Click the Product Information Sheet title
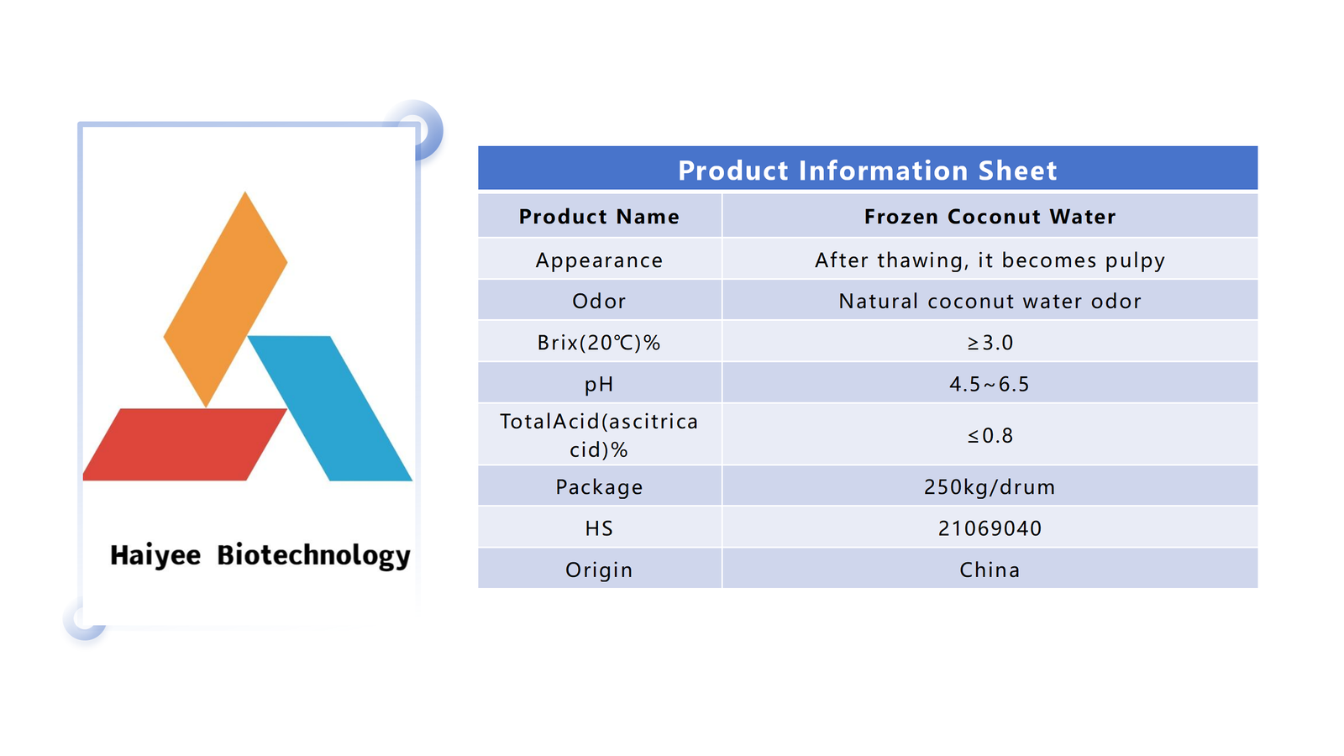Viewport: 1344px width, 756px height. (867, 171)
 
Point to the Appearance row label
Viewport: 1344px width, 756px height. (599, 260)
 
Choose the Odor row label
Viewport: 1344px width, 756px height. (599, 302)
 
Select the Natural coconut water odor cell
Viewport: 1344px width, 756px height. (990, 302)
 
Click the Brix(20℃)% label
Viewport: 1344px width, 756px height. (599, 343)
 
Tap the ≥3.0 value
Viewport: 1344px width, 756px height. (990, 343)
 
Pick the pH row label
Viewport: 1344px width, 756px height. (599, 384)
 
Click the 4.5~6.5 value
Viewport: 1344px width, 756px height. (990, 384)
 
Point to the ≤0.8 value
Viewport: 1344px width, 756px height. (990, 436)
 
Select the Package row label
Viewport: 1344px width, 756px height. (599, 487)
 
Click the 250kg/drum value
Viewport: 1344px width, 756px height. (990, 486)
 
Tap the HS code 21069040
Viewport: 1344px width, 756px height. (990, 528)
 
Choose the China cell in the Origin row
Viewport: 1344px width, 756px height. (990, 570)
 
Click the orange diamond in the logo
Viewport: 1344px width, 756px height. (226, 299)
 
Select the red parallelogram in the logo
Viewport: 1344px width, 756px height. (184, 444)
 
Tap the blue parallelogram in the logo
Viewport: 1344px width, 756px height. (330, 408)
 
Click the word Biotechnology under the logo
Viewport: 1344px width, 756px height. (314, 555)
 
